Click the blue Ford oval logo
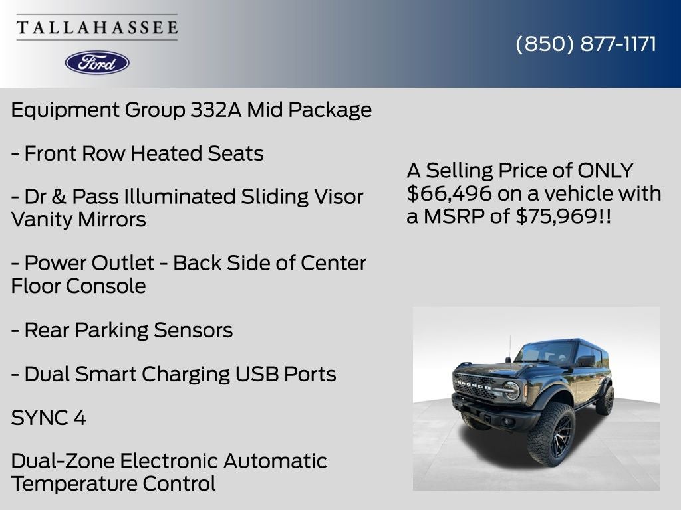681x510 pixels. tap(97, 62)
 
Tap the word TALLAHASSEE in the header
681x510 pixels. tap(97, 28)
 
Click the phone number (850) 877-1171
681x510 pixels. tap(586, 44)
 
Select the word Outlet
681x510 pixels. tap(123, 263)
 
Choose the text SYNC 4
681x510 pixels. tap(49, 418)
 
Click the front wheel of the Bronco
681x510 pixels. tap(551, 434)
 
